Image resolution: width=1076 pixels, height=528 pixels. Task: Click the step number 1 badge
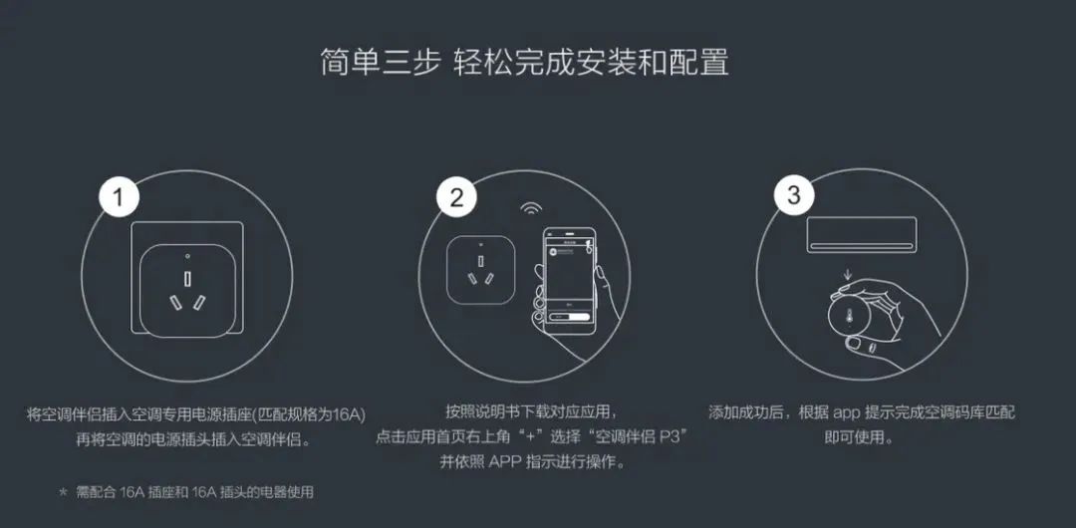120,196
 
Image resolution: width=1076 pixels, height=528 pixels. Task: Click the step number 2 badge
456,196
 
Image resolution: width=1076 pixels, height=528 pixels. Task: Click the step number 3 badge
793,195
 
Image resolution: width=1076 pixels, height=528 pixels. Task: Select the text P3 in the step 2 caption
677,437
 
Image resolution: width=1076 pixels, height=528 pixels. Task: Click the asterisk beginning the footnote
64,493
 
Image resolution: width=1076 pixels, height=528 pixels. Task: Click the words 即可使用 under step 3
857,437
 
